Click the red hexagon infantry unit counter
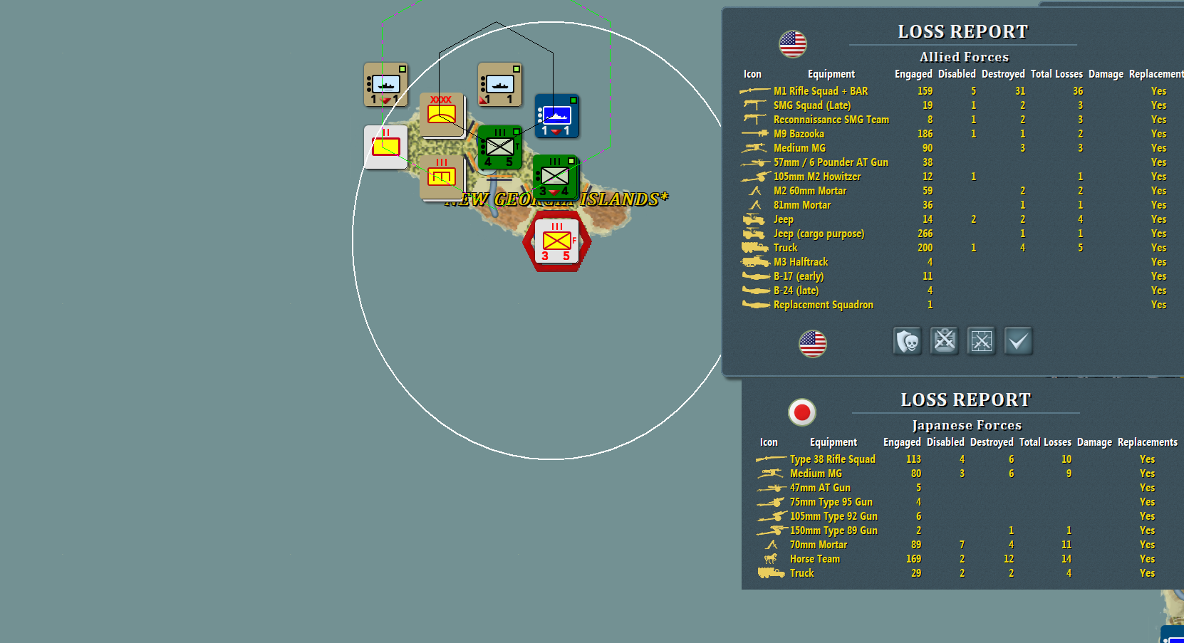click(x=556, y=242)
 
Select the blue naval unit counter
click(x=556, y=116)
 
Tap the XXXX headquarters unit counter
click(x=441, y=113)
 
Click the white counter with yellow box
click(x=385, y=147)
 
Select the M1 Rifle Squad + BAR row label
click(x=821, y=91)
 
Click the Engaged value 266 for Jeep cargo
click(x=925, y=234)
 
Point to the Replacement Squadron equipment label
click(x=823, y=305)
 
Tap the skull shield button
click(x=907, y=341)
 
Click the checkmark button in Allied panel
click(x=1018, y=341)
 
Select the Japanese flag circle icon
click(x=802, y=412)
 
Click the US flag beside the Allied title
click(x=792, y=44)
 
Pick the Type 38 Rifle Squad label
click(x=832, y=459)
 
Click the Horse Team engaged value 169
click(x=913, y=559)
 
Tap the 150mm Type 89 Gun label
click(x=834, y=530)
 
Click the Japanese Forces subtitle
click(x=967, y=425)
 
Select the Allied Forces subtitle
click(x=964, y=57)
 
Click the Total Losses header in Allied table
click(x=1056, y=74)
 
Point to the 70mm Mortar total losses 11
click(x=1066, y=545)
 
